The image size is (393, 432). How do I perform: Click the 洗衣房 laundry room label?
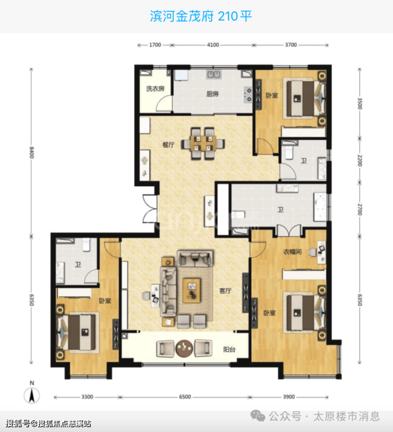pos(155,89)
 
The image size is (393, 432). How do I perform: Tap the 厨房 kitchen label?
pos(212,94)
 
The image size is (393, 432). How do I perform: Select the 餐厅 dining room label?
pos(168,145)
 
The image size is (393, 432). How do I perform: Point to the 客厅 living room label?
pos(225,290)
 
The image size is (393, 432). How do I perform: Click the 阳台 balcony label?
pos(229,350)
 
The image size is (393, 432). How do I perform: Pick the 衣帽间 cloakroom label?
pos(292,252)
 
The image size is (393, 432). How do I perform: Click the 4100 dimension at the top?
pos(213,45)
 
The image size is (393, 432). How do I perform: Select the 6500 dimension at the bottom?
pos(185,397)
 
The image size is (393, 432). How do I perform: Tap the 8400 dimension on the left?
pos(32,152)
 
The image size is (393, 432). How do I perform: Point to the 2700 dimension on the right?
pos(360,210)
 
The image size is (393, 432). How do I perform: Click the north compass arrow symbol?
pos(32,395)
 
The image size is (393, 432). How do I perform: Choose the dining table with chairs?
pos(203,143)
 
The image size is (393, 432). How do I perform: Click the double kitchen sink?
pos(213,74)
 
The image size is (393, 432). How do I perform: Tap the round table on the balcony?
pos(184,348)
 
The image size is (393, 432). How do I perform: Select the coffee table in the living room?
pos(192,290)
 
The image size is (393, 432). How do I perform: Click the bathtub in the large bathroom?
pos(320,207)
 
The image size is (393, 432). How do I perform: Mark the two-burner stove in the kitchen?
pos(248,95)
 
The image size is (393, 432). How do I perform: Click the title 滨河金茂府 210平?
pos(201,16)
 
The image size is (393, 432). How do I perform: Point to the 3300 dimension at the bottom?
pos(87,397)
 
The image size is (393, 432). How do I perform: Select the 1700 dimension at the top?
pos(155,45)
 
